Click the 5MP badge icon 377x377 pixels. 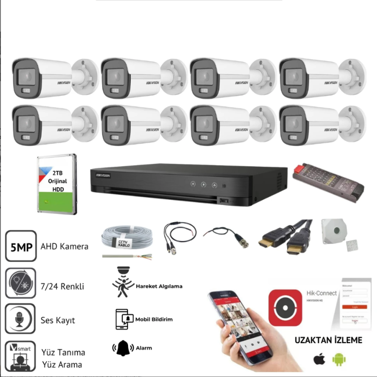coord(20,246)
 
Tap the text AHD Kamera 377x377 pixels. coord(64,246)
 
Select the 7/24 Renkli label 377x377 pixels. coord(63,286)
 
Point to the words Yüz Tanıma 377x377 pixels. coord(64,352)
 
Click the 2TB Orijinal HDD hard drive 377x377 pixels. coord(56,184)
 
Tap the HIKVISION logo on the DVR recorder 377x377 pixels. coord(103,175)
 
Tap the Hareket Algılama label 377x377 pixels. coord(159,286)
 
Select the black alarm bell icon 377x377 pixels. coord(123,348)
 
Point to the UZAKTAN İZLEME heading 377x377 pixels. coord(328,340)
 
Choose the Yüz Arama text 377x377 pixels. coord(61,364)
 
